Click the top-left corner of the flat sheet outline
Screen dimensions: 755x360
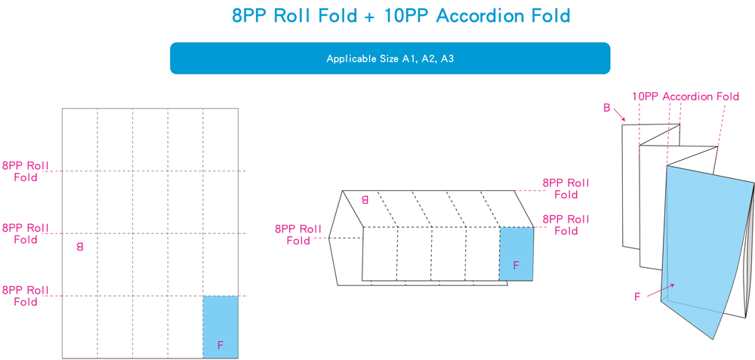tap(62, 108)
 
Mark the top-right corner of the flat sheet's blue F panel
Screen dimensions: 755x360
tap(239, 296)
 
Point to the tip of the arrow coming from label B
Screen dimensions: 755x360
tap(625, 120)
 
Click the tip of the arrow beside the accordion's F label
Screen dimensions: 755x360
tap(676, 284)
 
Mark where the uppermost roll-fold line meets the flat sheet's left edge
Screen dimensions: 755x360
tap(62, 171)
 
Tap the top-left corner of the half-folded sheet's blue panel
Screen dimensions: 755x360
tap(500, 228)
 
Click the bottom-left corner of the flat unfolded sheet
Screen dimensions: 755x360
tap(62, 358)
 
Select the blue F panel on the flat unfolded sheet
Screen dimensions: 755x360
tap(220, 328)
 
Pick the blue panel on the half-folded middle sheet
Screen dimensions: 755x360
tap(516, 254)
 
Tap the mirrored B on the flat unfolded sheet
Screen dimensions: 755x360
tap(79, 247)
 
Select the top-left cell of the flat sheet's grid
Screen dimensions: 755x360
tap(80, 140)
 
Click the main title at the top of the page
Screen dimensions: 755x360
tap(401, 15)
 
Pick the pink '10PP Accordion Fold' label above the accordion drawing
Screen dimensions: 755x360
tap(686, 97)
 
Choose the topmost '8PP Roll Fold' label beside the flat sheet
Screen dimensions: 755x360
tap(26, 171)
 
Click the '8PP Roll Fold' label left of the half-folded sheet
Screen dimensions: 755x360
tap(298, 235)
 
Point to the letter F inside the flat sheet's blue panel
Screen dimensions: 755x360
tap(220, 345)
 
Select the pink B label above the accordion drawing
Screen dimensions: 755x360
tap(607, 108)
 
